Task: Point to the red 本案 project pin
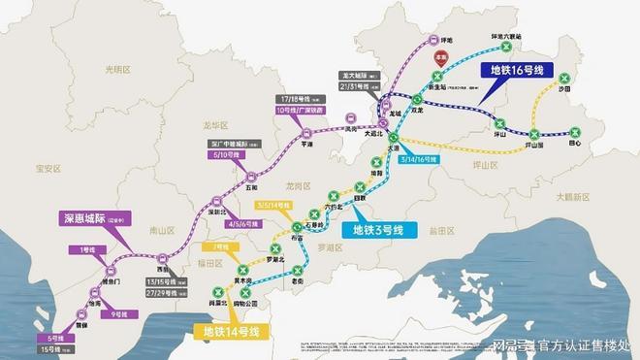pyautogui.click(x=441, y=57)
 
